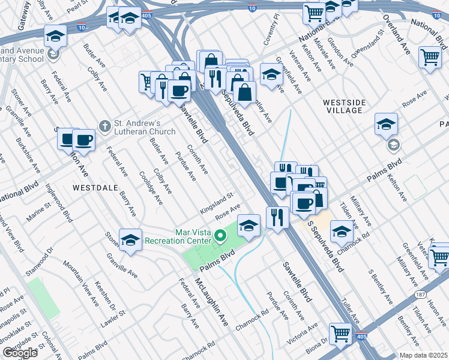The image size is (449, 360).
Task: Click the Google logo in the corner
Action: pyautogui.click(x=20, y=353)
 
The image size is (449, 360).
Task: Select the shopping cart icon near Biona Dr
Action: pyautogui.click(x=340, y=333)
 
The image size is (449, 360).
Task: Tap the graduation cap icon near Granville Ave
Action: pyautogui.click(x=130, y=240)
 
